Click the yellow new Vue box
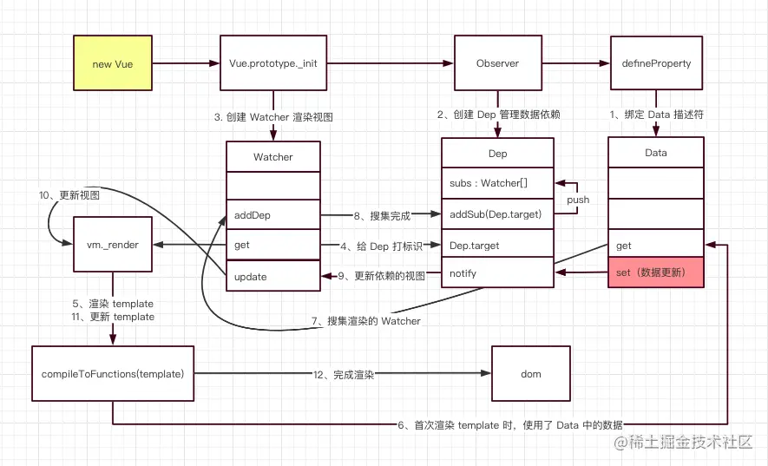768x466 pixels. tap(112, 63)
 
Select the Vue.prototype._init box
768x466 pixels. tap(273, 63)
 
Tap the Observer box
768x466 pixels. tap(497, 63)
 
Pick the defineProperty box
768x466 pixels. tap(655, 63)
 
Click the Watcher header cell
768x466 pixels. tap(273, 156)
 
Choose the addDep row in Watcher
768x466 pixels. tap(273, 214)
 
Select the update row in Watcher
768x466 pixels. tap(273, 276)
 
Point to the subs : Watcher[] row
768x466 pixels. tap(497, 183)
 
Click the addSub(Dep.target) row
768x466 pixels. tap(497, 214)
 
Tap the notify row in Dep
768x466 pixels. tap(497, 273)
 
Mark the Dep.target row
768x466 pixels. tap(497, 246)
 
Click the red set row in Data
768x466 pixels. tap(655, 272)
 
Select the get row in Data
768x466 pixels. tap(655, 245)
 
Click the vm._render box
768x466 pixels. tap(112, 246)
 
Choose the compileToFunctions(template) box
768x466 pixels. tap(112, 374)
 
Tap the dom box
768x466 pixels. tap(531, 374)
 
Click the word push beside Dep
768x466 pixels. tap(578, 200)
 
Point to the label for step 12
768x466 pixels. tap(343, 374)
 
